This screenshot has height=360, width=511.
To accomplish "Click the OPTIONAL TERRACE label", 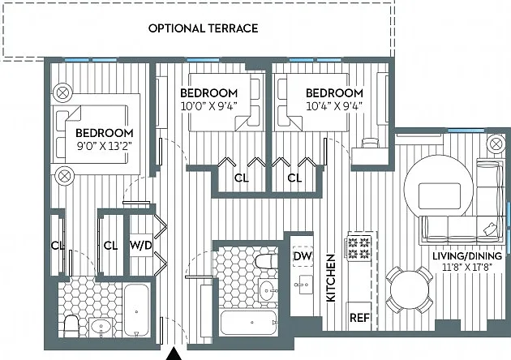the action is (203, 28).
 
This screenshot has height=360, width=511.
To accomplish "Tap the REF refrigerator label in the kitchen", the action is (359, 317).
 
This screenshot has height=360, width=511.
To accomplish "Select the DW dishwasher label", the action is (303, 256).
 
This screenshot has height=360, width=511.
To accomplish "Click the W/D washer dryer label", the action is (141, 245).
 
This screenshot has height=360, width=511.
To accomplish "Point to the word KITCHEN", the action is (330, 278).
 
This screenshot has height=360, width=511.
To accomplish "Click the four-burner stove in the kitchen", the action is (359, 248).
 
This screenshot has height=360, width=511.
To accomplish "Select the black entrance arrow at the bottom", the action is (174, 354).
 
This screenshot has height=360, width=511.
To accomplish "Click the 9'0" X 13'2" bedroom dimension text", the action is (104, 145).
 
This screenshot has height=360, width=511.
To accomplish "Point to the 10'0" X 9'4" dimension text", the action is (208, 106).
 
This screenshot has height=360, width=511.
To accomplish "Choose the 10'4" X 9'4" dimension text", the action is (334, 106).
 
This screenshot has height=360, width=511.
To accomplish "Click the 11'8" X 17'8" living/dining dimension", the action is (467, 268).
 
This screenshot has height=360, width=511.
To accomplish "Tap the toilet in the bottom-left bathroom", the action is (71, 326).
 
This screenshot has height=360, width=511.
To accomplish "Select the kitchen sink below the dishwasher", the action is (302, 285).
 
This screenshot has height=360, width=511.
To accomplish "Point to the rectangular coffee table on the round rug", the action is (440, 196).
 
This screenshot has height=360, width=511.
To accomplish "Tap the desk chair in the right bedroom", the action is (370, 143).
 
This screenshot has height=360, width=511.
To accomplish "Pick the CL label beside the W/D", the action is (110, 246).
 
